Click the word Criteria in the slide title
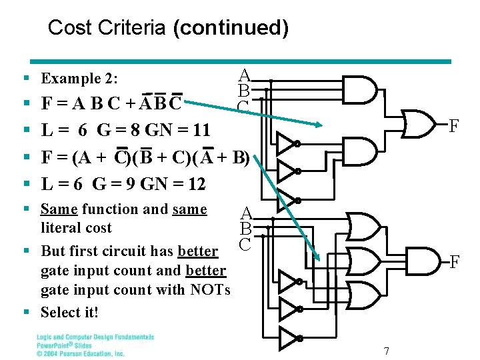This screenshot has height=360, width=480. coord(133,28)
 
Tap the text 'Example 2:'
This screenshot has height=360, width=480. coord(79,79)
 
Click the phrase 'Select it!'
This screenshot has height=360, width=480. coord(69,312)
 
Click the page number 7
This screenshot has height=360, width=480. coord(387,351)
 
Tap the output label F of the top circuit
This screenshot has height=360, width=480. coord(454,125)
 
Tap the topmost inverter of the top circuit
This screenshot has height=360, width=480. coord(286,143)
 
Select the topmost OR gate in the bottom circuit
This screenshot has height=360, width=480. coord(363,227)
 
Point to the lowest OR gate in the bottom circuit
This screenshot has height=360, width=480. coord(363,293)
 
